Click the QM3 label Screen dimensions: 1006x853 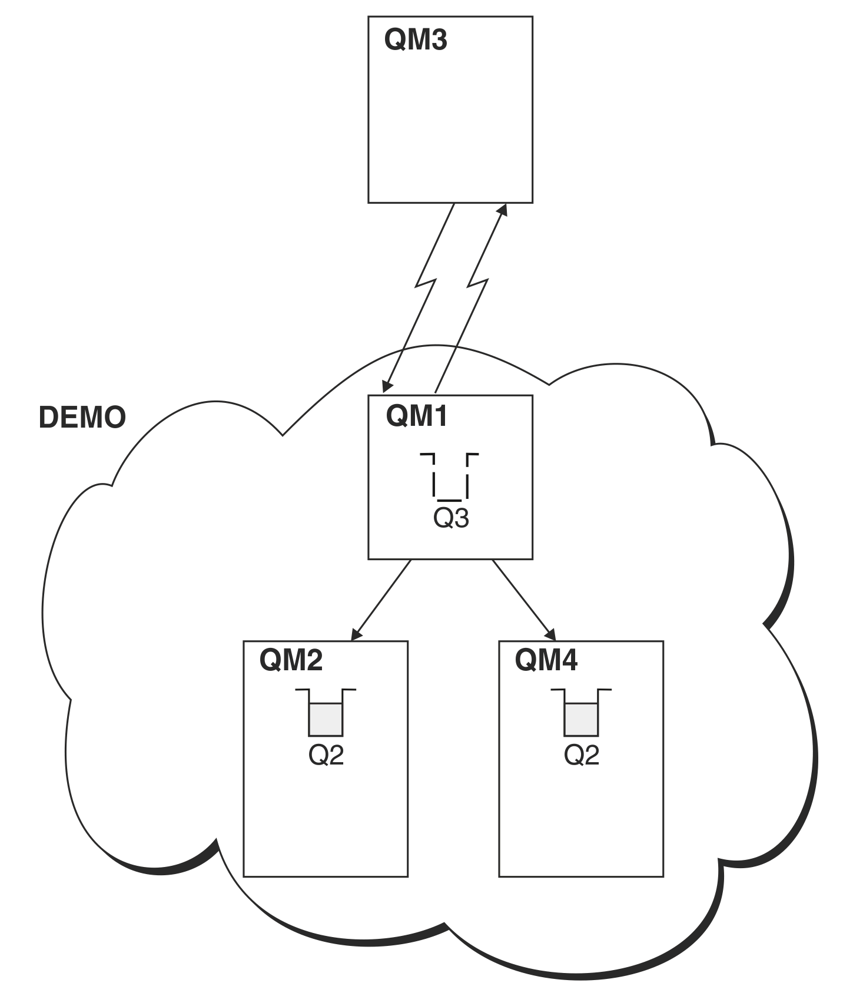(x=416, y=40)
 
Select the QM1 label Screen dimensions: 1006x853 (x=417, y=416)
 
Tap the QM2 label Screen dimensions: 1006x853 (x=291, y=660)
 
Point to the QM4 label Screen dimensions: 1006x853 (x=546, y=660)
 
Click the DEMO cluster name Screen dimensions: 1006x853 (x=82, y=418)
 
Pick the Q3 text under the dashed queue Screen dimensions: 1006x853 (x=451, y=518)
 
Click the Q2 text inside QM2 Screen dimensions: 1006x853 (x=326, y=755)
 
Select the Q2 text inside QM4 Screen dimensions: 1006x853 (x=582, y=755)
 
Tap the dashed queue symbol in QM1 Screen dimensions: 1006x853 (x=450, y=477)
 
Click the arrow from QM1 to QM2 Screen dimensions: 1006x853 (x=381, y=600)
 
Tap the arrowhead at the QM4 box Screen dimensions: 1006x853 (x=551, y=635)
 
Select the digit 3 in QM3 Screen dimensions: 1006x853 (x=438, y=40)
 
